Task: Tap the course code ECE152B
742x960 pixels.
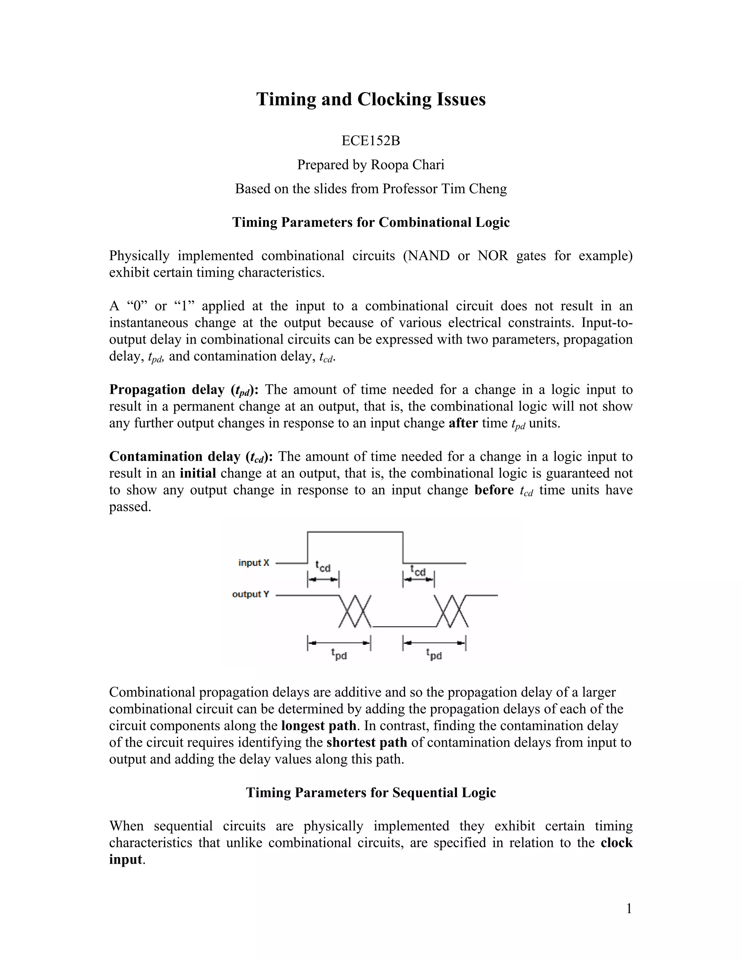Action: coord(371,141)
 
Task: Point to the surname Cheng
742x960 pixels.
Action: coord(489,189)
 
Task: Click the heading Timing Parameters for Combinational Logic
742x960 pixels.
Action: coord(371,222)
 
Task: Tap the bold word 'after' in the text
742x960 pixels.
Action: coord(463,423)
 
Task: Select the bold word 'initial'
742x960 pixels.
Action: coord(198,473)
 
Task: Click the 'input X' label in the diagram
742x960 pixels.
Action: coord(254,563)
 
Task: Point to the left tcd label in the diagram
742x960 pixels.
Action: coord(323,567)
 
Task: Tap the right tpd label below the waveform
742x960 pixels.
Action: coord(434,655)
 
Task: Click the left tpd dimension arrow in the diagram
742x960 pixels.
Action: coord(339,643)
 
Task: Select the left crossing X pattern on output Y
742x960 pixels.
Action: coord(355,612)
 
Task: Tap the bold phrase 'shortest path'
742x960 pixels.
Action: coord(367,742)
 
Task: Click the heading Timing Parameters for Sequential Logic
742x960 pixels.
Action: coord(371,793)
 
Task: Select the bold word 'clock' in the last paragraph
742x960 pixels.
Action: coord(616,843)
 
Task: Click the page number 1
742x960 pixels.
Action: coord(629,909)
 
